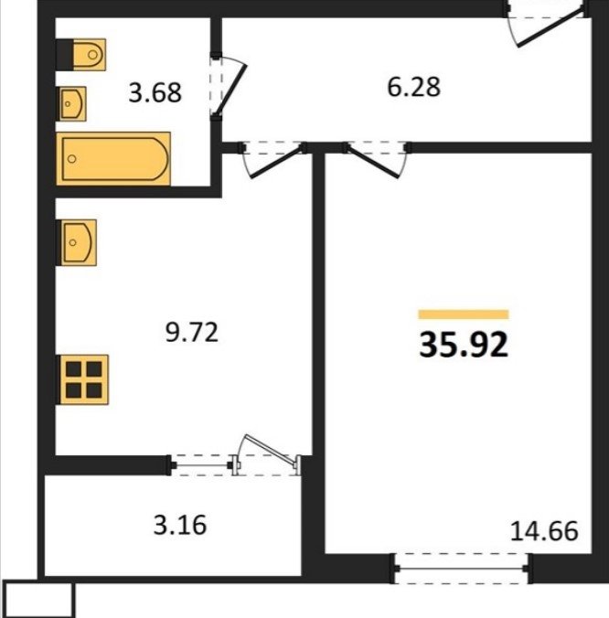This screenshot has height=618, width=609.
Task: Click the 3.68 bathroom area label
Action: [155, 93]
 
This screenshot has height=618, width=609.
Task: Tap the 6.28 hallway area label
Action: [414, 87]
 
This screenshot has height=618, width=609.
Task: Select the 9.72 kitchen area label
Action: [191, 332]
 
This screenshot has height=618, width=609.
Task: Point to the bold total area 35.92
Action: [464, 345]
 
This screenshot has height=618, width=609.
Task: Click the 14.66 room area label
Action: [544, 531]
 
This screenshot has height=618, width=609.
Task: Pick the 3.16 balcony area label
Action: [180, 525]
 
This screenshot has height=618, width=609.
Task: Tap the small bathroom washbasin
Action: [73, 104]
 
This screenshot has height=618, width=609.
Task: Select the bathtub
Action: [113, 159]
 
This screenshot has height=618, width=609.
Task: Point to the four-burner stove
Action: [84, 379]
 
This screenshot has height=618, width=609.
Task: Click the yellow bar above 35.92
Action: [464, 314]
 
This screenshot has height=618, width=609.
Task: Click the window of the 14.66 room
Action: [461, 569]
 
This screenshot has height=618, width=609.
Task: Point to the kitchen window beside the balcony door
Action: [202, 465]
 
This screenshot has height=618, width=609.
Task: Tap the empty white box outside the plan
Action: [39, 600]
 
